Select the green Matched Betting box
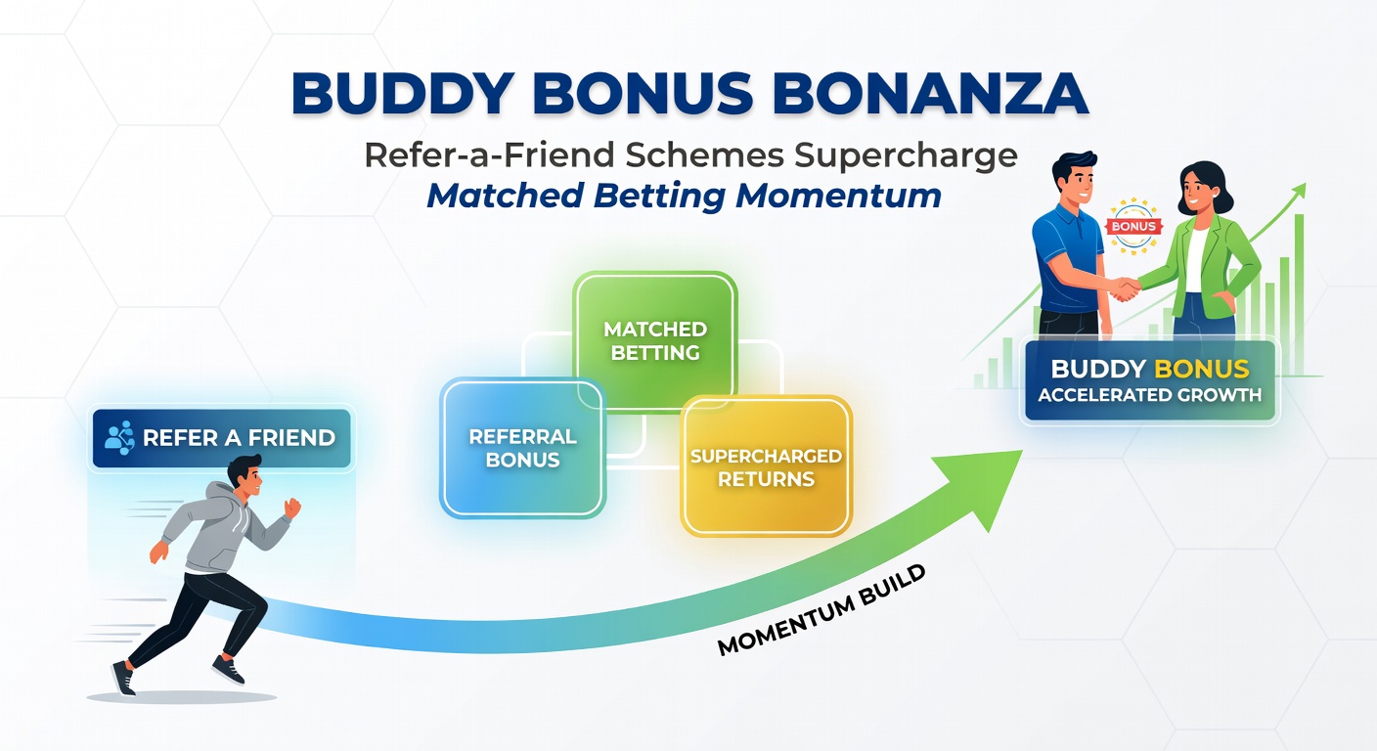coord(654,340)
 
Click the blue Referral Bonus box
coord(522,447)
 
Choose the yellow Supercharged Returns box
coord(766,466)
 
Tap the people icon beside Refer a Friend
coord(119,437)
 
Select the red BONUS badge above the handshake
coord(1133,226)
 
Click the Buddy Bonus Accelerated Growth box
coord(1149,381)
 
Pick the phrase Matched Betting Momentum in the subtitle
coord(684,196)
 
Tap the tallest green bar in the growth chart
coord(1300,293)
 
